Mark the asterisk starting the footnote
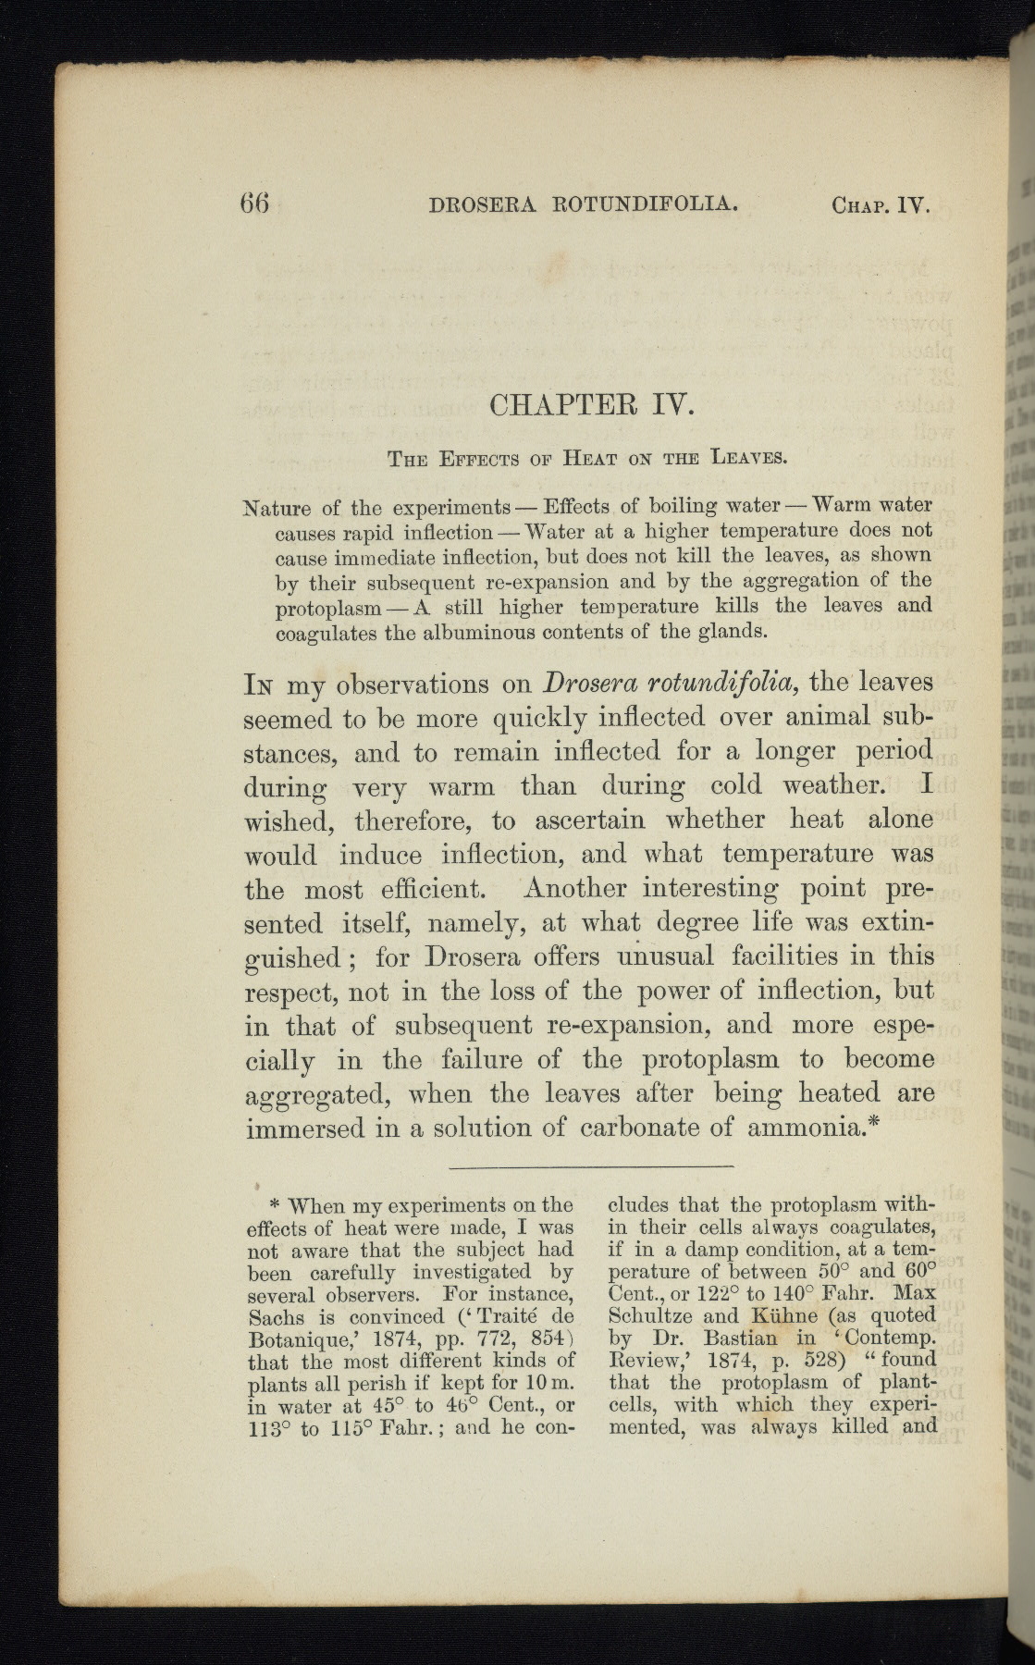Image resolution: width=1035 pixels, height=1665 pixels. [x=274, y=1206]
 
